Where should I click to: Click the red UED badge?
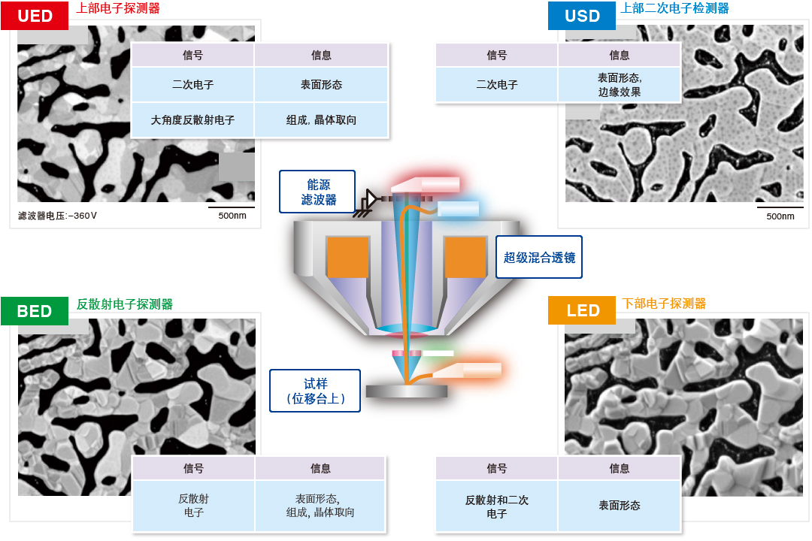point(35,16)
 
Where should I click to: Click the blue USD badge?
point(582,16)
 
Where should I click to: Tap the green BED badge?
point(35,311)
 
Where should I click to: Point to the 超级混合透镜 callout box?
point(539,258)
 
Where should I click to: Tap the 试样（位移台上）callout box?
point(315,391)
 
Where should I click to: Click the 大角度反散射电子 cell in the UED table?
point(192,120)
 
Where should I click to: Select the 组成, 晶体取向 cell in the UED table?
point(321,120)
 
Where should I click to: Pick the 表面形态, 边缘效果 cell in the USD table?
point(619,85)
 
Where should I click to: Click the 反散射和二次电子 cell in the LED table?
point(496,506)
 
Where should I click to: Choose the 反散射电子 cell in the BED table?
point(193,506)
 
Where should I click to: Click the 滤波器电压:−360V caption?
point(58,216)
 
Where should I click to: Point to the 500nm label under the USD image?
point(780,216)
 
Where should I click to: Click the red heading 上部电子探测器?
point(118,8)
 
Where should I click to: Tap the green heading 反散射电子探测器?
point(125,304)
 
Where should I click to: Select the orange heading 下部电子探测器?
point(665,304)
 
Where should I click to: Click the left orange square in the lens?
point(348,257)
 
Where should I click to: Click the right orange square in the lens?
point(465,257)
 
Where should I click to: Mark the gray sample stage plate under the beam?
point(406,391)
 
